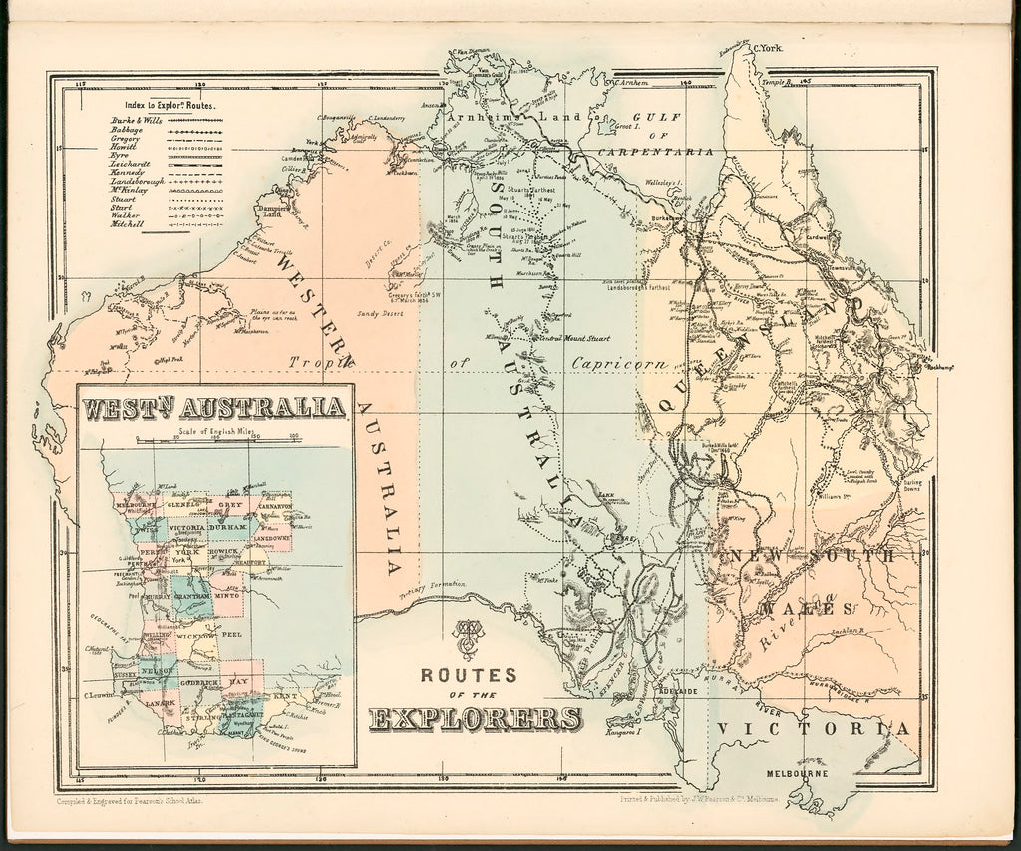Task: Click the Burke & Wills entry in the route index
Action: (x=134, y=120)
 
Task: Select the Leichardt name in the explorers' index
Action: (x=133, y=163)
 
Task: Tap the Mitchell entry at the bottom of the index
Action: (x=127, y=224)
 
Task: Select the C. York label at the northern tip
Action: (x=769, y=48)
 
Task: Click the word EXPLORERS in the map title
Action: (x=476, y=718)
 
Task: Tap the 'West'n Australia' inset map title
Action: (x=214, y=408)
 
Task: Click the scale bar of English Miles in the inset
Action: (x=216, y=440)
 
